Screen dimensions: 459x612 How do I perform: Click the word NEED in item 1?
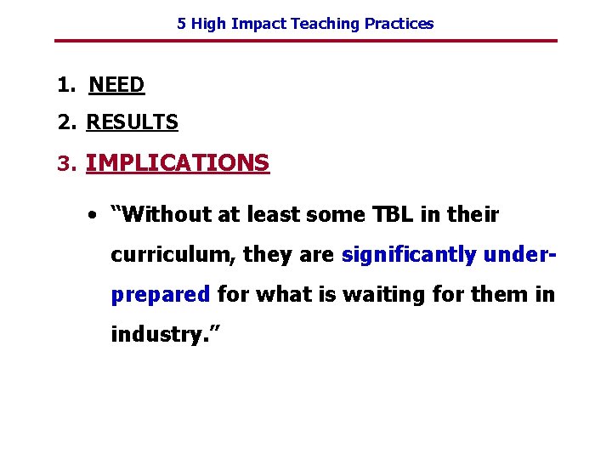click(x=116, y=85)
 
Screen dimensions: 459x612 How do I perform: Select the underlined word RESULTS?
click(x=132, y=122)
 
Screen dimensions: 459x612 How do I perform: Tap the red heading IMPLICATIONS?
click(x=178, y=162)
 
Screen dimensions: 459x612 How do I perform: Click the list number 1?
click(x=65, y=85)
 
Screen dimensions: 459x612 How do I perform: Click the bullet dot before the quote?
click(x=90, y=215)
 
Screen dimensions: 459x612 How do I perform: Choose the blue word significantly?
click(x=408, y=254)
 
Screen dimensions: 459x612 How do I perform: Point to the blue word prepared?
click(x=161, y=295)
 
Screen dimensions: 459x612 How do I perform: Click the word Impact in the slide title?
click(x=260, y=24)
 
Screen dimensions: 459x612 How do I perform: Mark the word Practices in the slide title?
click(x=399, y=24)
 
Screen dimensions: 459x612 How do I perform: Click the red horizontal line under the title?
click(x=306, y=41)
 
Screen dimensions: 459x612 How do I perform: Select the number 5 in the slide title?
click(x=181, y=24)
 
